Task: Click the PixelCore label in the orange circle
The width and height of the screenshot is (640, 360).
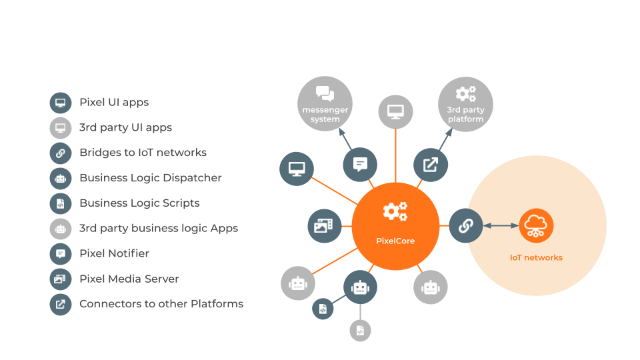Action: click(395, 241)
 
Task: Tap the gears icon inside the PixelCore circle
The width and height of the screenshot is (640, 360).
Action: click(395, 212)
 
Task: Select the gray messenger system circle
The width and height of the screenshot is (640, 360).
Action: click(325, 103)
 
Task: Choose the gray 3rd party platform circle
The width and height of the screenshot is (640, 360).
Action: click(465, 103)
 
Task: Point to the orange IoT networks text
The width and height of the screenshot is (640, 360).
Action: click(536, 257)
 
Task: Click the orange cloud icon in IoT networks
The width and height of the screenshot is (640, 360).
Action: click(537, 226)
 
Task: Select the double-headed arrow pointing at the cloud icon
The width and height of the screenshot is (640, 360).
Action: click(501, 226)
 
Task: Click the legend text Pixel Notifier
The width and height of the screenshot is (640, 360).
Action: click(114, 253)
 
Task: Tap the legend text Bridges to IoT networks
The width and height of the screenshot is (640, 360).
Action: click(143, 152)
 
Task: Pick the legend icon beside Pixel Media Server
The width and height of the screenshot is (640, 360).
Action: click(61, 279)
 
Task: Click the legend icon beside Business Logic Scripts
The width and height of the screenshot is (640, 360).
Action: click(61, 203)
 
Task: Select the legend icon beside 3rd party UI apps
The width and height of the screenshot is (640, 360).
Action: click(61, 127)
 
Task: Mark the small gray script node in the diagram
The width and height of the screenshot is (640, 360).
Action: click(360, 330)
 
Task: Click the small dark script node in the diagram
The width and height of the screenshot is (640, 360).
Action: click(323, 309)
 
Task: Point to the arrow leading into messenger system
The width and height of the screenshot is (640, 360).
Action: click(346, 138)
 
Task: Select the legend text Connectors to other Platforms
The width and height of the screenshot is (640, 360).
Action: click(161, 304)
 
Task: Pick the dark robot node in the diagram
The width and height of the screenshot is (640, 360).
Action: click(360, 287)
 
